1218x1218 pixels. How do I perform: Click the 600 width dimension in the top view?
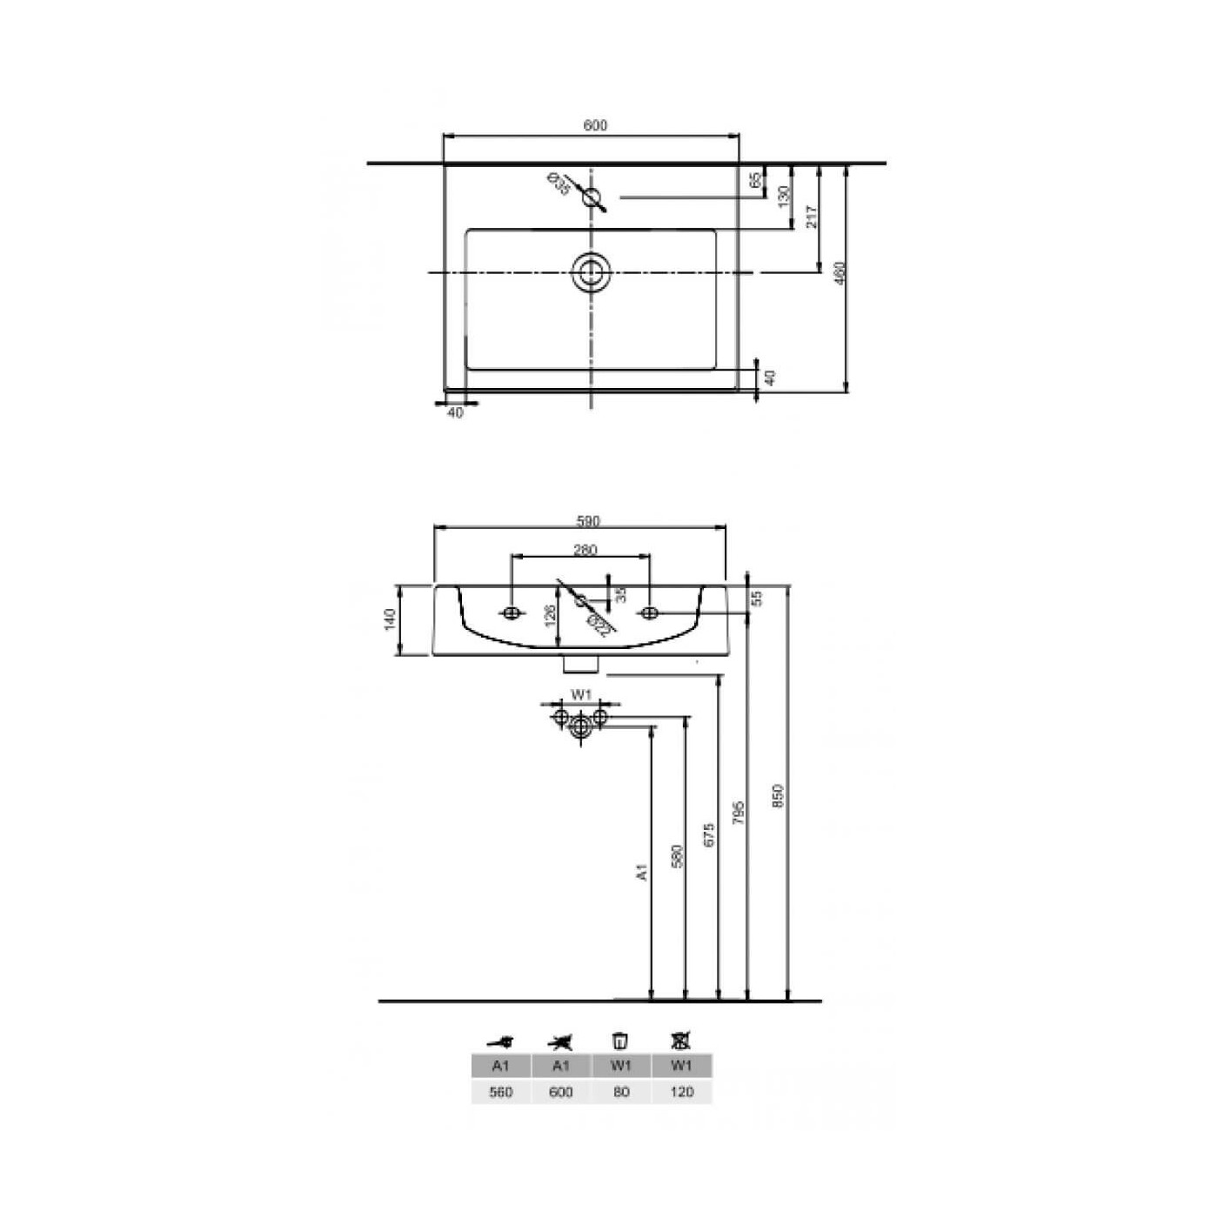pyautogui.click(x=594, y=126)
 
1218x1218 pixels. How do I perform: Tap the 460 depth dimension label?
pyautogui.click(x=840, y=274)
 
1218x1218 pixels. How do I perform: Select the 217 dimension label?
pyautogui.click(x=812, y=217)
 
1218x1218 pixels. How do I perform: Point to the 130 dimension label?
pyautogui.click(x=783, y=197)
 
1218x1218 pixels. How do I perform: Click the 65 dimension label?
pyautogui.click(x=756, y=180)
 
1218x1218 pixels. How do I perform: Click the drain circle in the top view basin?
pyautogui.click(x=592, y=272)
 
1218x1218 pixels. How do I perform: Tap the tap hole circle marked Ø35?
pyautogui.click(x=592, y=197)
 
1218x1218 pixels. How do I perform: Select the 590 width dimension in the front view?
pyautogui.click(x=588, y=521)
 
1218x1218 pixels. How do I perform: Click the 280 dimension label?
pyautogui.click(x=585, y=550)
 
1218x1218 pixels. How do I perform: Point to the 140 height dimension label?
pyautogui.click(x=390, y=619)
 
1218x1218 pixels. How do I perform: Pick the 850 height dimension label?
pyautogui.click(x=779, y=796)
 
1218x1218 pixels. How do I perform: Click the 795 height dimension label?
pyautogui.click(x=738, y=813)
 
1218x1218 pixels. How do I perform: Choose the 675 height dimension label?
pyautogui.click(x=709, y=835)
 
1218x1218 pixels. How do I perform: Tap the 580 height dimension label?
pyautogui.click(x=678, y=855)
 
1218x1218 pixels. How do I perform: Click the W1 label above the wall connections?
pyautogui.click(x=581, y=695)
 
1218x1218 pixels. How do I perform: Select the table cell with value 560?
pyautogui.click(x=501, y=1092)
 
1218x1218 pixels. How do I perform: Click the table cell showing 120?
pyautogui.click(x=682, y=1092)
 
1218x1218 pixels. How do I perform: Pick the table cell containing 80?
pyautogui.click(x=621, y=1092)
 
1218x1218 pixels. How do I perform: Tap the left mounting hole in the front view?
pyautogui.click(x=512, y=613)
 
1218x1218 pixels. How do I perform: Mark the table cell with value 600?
pyautogui.click(x=561, y=1092)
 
